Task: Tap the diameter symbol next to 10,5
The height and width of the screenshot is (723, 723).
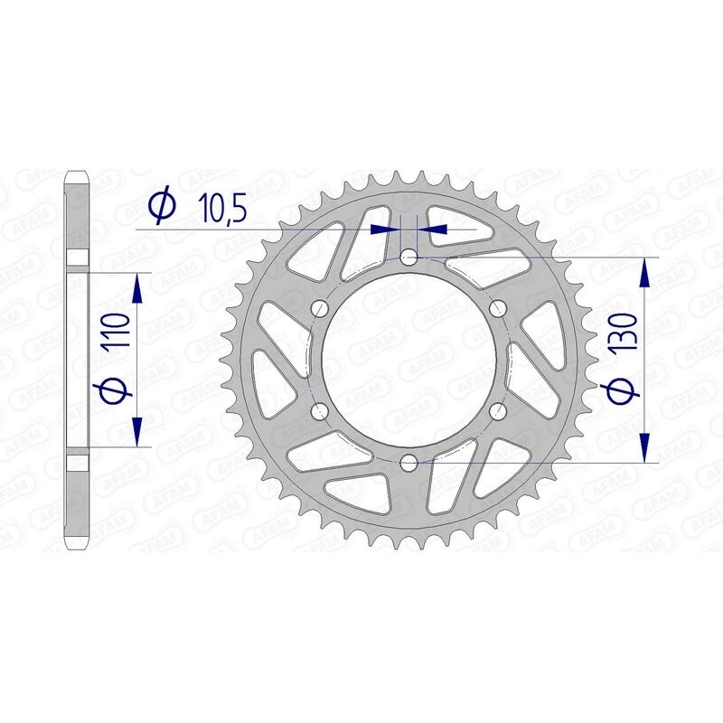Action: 161,207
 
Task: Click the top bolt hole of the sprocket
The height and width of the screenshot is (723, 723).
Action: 408,258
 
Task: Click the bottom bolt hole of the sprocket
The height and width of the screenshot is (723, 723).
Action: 408,464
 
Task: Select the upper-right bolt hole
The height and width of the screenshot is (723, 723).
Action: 496,309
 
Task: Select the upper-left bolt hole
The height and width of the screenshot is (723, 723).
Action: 319,309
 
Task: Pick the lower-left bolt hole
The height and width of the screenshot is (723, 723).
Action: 319,412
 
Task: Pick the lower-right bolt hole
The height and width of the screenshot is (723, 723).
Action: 496,412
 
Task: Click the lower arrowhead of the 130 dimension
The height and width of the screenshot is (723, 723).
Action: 644,449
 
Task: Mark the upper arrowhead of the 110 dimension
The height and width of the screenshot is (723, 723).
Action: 137,289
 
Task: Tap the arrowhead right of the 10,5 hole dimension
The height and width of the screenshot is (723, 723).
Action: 432,230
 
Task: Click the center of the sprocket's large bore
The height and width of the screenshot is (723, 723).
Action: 408,361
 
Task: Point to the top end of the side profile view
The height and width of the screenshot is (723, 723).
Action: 79,173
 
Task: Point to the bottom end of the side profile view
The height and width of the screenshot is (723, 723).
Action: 79,547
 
